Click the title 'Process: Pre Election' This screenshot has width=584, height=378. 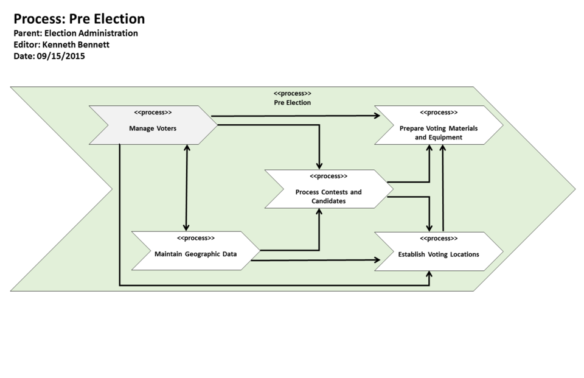click(x=79, y=19)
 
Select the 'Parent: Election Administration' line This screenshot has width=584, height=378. click(x=75, y=33)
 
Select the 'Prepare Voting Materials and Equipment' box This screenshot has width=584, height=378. click(x=438, y=133)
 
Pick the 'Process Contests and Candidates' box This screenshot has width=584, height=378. click(x=328, y=196)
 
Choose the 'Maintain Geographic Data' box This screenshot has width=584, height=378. click(x=195, y=254)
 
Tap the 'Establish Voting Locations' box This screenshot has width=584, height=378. click(x=438, y=254)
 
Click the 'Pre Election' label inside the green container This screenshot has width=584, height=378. click(x=292, y=103)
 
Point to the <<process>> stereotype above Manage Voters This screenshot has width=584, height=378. click(x=153, y=113)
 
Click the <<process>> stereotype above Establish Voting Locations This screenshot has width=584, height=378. click(x=438, y=239)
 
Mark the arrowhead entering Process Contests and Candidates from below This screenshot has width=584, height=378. click(x=319, y=212)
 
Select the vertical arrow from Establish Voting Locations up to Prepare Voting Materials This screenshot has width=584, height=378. click(x=443, y=189)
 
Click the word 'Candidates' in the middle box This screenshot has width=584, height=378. click(x=328, y=201)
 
